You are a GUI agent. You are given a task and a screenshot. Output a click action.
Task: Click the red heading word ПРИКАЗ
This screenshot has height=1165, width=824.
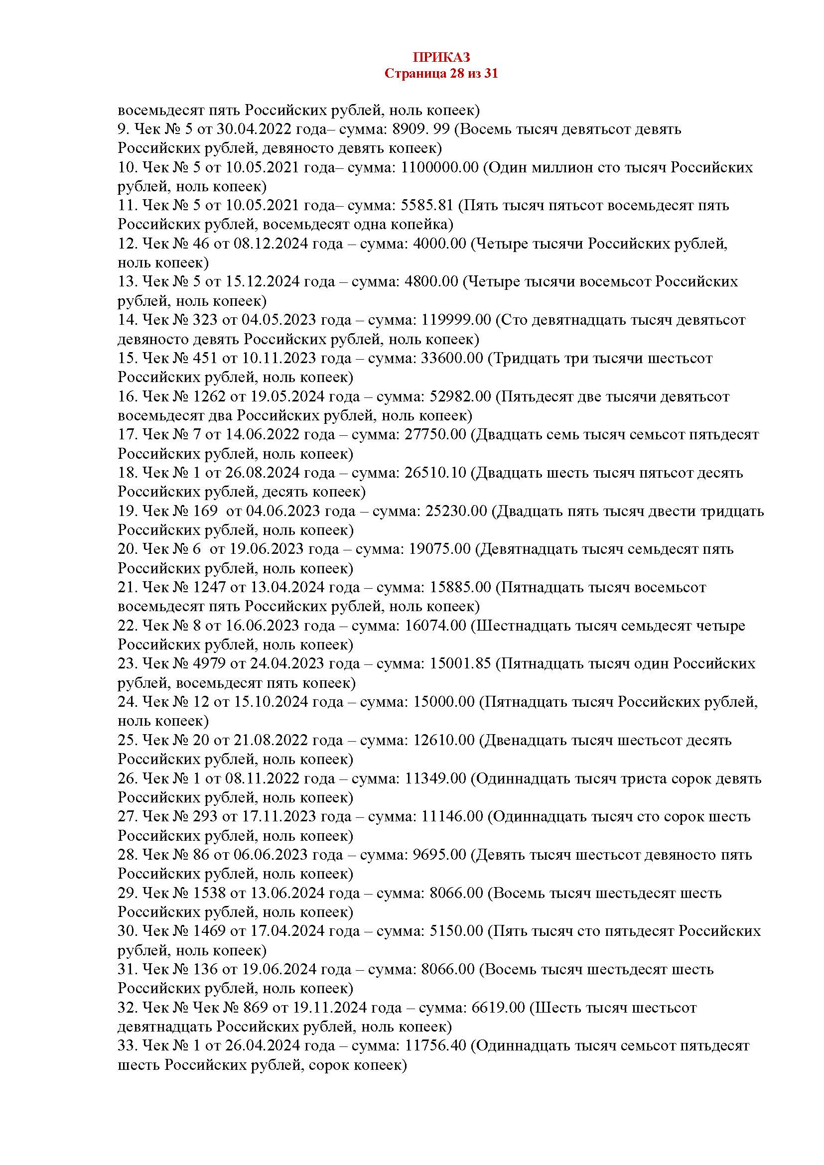(440, 56)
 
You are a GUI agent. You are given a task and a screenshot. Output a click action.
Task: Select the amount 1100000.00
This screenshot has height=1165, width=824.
(439, 167)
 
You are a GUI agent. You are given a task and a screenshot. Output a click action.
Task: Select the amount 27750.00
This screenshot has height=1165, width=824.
(435, 435)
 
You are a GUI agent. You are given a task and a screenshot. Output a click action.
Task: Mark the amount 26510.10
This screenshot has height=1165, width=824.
(435, 473)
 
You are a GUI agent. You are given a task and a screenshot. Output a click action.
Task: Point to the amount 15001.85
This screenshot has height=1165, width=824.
(460, 663)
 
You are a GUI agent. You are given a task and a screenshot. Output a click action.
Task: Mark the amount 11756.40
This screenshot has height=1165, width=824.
(435, 1046)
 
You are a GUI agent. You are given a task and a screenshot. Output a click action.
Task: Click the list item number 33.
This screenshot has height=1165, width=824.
(127, 1046)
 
